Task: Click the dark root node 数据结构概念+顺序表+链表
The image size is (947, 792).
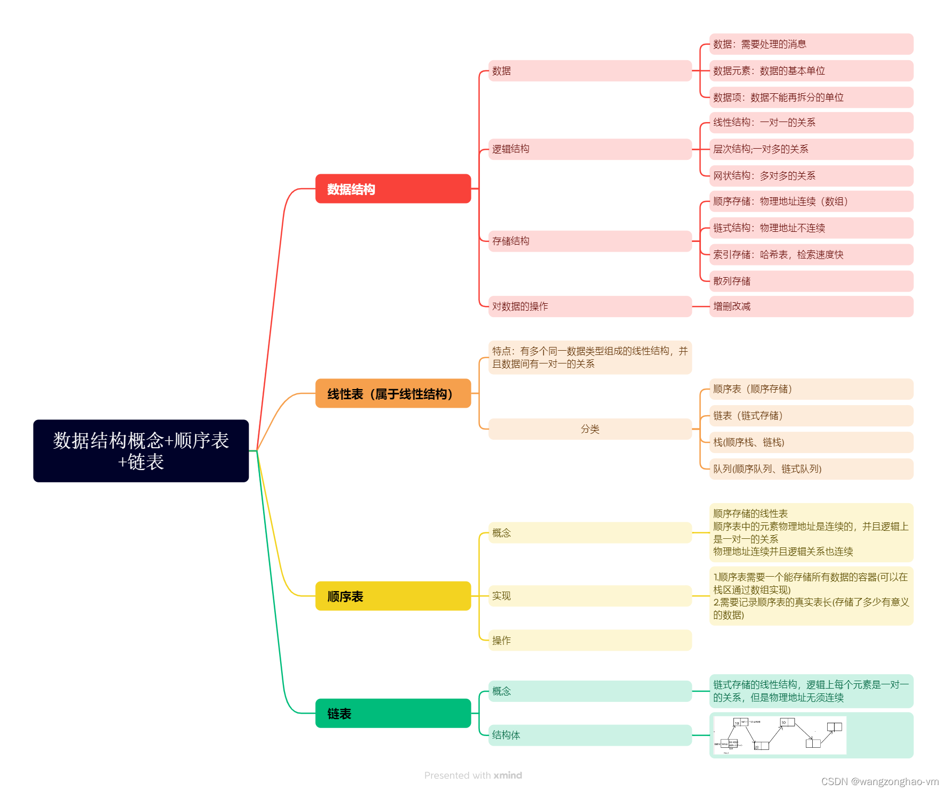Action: click(x=141, y=451)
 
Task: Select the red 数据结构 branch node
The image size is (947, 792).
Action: click(x=393, y=189)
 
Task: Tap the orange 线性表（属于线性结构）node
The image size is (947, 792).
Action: click(x=393, y=393)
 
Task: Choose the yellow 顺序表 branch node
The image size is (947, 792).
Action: click(x=393, y=596)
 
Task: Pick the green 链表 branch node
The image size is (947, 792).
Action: click(x=393, y=713)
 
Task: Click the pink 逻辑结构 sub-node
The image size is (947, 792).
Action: click(x=590, y=149)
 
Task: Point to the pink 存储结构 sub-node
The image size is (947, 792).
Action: click(x=590, y=241)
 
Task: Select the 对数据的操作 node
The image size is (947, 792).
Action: click(x=590, y=306)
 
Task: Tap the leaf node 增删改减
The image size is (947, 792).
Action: click(x=811, y=306)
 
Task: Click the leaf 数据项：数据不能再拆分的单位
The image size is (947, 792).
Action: click(x=811, y=98)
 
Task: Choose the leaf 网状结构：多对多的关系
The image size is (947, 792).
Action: click(x=811, y=176)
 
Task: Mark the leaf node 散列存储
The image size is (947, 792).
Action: click(x=811, y=281)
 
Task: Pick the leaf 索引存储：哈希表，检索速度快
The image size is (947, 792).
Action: click(x=811, y=255)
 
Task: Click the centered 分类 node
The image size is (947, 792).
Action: click(x=590, y=429)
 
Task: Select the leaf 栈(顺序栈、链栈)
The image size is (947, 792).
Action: click(x=811, y=442)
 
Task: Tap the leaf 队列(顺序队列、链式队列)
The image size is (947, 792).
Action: click(x=811, y=469)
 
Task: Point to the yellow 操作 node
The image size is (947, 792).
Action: click(x=590, y=640)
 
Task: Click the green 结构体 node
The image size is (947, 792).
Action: click(x=590, y=735)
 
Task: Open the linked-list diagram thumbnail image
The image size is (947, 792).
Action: click(x=780, y=735)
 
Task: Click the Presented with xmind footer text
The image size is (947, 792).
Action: click(x=473, y=775)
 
